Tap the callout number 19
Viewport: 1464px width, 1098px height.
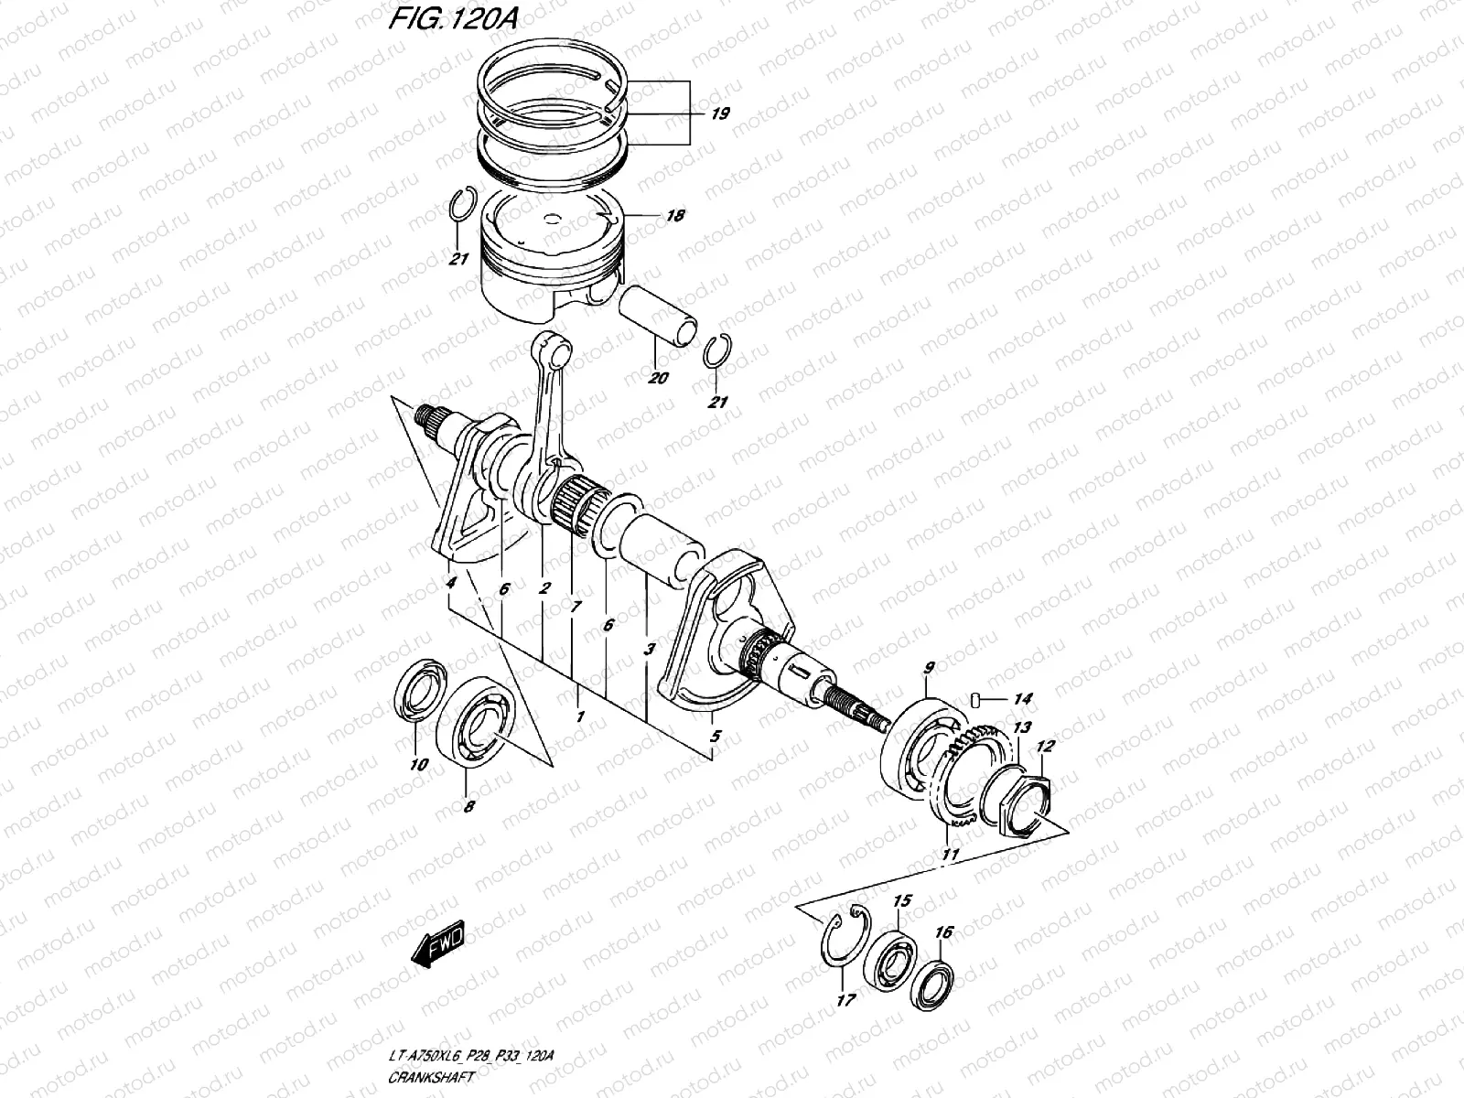[719, 115]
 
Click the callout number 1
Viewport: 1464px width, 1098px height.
[579, 717]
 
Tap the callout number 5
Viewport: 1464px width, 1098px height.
[716, 735]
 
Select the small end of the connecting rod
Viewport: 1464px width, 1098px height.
[552, 350]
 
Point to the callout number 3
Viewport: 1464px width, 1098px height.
[649, 651]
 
